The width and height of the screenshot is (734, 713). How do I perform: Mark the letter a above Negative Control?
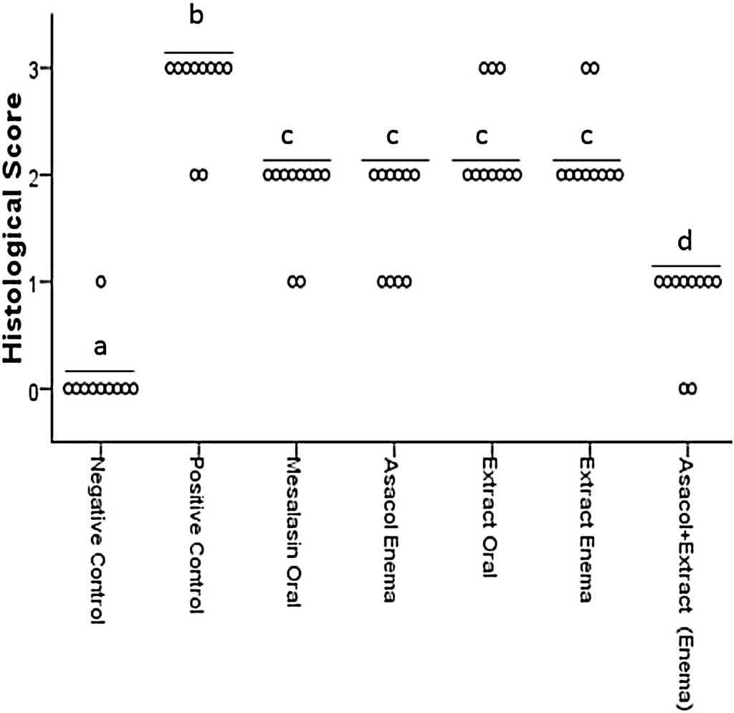pos(100,347)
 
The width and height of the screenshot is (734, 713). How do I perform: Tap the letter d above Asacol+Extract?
pos(685,242)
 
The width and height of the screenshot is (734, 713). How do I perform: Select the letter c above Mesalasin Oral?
pos(295,136)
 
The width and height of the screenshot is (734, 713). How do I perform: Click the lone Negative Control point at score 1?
pos(100,282)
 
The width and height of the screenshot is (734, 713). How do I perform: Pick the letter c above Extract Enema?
pos(586,136)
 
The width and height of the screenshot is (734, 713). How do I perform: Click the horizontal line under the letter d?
pos(686,266)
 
